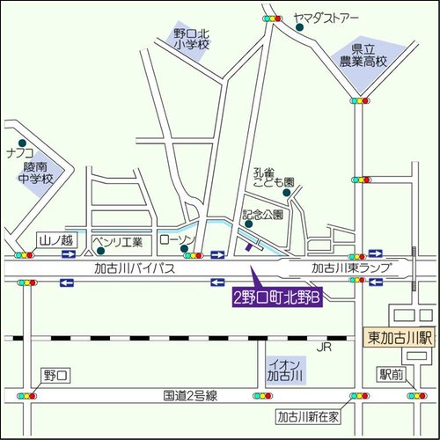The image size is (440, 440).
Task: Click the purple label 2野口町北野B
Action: [x=276, y=298]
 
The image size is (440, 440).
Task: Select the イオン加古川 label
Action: [x=284, y=369]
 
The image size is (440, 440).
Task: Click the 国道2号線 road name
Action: [x=191, y=396]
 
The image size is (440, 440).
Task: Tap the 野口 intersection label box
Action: [x=55, y=376]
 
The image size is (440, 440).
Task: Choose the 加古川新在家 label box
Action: [x=307, y=416]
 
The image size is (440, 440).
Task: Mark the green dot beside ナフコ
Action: [x=21, y=142]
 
